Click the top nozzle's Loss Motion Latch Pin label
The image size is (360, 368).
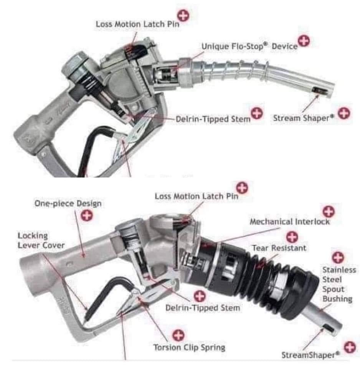pyautogui.click(x=137, y=24)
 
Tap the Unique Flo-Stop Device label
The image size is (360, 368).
pyautogui.click(x=249, y=46)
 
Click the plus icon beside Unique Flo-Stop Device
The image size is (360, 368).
pyautogui.click(x=304, y=41)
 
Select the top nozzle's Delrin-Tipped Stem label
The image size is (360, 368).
pyautogui.click(x=213, y=119)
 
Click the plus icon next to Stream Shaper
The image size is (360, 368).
pyautogui.click(x=344, y=113)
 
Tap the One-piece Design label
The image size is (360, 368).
pyautogui.click(x=68, y=203)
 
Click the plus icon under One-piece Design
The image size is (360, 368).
pyautogui.click(x=88, y=216)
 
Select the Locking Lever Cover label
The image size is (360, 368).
pyautogui.click(x=41, y=240)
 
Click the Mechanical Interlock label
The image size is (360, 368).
pyautogui.click(x=289, y=222)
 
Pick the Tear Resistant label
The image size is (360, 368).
pyautogui.click(x=279, y=248)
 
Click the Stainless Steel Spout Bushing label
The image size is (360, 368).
pyautogui.click(x=339, y=284)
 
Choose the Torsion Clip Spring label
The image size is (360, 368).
pyautogui.click(x=189, y=348)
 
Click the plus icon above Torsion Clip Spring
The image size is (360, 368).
pyautogui.click(x=178, y=335)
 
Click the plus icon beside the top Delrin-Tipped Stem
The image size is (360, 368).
pyautogui.click(x=257, y=113)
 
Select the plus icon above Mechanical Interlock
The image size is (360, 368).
pyautogui.click(x=329, y=211)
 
